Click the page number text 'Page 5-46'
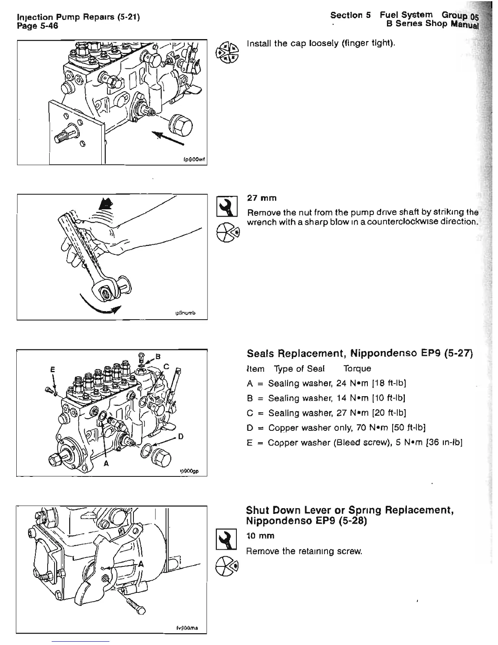38,26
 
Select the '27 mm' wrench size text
262,198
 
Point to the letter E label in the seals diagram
52,371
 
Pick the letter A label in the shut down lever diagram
141,564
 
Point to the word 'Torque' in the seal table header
357,369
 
